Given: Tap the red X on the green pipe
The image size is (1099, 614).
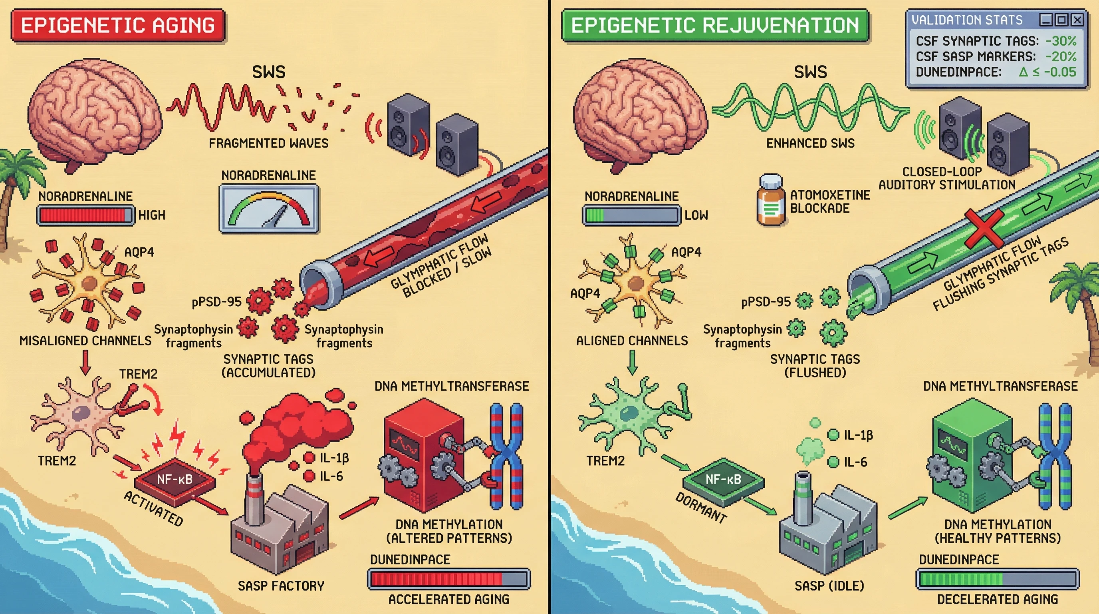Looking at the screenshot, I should (x=984, y=228).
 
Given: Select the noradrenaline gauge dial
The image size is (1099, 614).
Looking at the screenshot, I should (x=269, y=209).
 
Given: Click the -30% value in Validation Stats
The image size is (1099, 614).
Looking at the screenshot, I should (x=1061, y=41).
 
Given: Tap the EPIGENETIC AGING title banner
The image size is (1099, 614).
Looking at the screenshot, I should (x=118, y=25).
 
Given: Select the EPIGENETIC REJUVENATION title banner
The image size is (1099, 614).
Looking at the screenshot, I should (x=715, y=25).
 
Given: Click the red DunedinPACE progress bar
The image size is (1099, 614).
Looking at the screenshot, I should (x=449, y=579).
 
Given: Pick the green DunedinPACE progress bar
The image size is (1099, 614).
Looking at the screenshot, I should (x=998, y=579).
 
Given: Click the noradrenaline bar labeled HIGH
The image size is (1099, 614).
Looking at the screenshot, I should (x=85, y=215).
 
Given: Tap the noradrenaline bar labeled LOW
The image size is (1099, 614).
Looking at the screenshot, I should (x=631, y=215).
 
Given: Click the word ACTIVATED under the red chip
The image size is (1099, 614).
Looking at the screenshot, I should (x=154, y=508).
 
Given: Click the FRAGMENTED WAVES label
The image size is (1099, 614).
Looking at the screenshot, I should (x=269, y=143).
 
